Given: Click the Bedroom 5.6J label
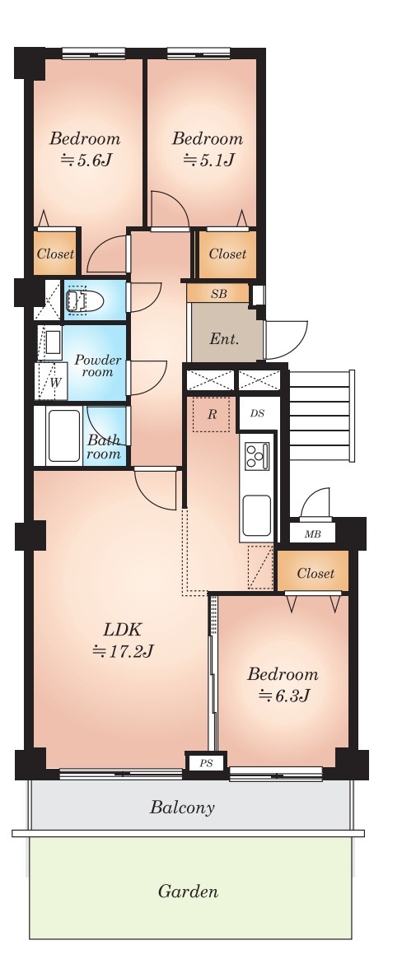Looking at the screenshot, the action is coord(85,149).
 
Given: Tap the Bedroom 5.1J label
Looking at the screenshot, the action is coord(208,149).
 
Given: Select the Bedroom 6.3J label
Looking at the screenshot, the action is coord(283,685).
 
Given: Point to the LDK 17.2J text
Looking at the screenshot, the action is coord(123,640).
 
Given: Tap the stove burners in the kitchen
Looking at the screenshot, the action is coord(256,456).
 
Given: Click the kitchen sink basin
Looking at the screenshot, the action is coord(256,515).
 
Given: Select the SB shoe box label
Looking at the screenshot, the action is coord(218,294).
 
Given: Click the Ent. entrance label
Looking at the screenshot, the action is coord(224,339).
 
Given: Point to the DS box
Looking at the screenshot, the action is coord(258,413).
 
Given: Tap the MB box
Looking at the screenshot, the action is coord(312,533).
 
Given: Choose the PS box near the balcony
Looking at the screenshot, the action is coord(206,763).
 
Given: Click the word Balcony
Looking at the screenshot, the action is coord(182,808).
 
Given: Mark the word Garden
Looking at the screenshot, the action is coord(188,892).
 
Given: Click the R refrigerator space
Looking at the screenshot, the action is coord(211,415).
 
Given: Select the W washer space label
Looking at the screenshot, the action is coord(54,382).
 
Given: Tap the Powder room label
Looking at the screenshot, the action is coord(98,365).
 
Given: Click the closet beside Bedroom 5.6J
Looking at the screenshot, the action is coord(54,254).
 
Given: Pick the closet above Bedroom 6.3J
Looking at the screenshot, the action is coord(315,573).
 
